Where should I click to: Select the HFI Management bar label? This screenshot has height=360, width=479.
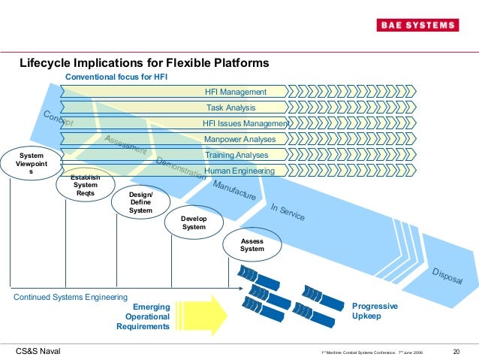[x=236, y=92]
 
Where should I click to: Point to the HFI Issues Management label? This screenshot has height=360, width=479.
[x=246, y=124]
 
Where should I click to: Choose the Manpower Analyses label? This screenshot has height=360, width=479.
[x=239, y=140]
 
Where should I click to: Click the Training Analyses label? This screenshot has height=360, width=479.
[x=236, y=156]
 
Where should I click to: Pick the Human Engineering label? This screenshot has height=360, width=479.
[x=239, y=171]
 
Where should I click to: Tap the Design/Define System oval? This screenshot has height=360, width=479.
[x=140, y=203]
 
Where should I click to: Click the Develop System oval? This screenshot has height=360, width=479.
[x=194, y=222]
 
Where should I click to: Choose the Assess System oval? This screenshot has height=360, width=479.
[x=252, y=244]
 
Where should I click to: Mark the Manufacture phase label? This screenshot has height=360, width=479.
[x=234, y=190]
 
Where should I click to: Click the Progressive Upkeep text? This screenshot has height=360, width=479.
[x=375, y=312]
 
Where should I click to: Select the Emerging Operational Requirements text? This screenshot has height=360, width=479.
[x=143, y=316]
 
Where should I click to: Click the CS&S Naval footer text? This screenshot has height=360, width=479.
[x=38, y=351]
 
